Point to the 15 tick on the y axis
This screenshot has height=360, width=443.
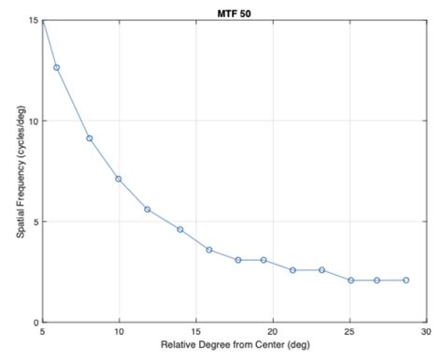point(33,21)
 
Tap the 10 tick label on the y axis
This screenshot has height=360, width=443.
point(33,122)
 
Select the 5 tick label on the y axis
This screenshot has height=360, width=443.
point(35,222)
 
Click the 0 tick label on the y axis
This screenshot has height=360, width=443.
point(35,323)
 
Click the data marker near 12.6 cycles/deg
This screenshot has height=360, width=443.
point(56,67)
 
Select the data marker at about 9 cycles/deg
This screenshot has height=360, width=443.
point(90,138)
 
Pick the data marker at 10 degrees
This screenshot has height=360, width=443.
point(119,179)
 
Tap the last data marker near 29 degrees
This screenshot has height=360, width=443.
point(406,281)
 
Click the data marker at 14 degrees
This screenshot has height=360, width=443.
point(180,229)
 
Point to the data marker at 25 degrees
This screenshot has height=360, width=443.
point(350,281)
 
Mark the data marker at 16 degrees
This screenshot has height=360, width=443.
point(209,250)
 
